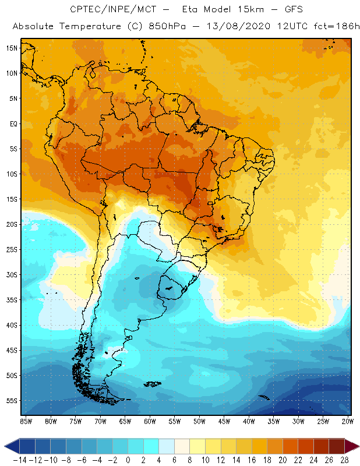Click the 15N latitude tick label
(11, 48)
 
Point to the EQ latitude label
(13, 123)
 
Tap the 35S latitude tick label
(11, 300)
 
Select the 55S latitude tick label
(11, 401)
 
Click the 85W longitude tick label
(26, 421)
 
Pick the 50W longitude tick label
(199, 421)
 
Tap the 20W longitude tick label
(348, 421)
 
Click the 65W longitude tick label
(125, 421)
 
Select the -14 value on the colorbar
(19, 459)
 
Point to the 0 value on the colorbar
(128, 459)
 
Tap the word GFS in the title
(291, 9)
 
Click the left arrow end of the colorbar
(8, 446)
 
